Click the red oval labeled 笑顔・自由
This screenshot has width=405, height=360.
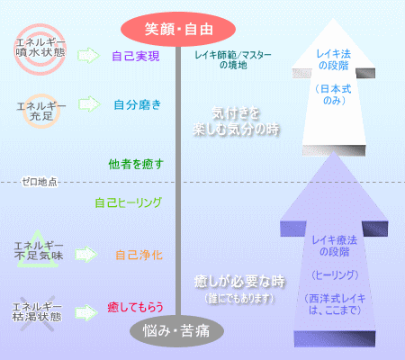pos(178,30)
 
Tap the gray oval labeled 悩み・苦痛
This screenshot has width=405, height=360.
pos(176,331)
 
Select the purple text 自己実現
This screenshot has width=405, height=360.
pos(136,56)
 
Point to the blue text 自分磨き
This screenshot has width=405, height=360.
pos(138,104)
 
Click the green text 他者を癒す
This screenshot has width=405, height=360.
pos(136,164)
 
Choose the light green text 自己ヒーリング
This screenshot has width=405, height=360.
pos(129,202)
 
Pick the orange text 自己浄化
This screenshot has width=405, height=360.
pos(139,256)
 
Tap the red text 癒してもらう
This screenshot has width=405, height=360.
pos(135,307)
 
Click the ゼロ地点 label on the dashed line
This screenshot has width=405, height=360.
pos(40,182)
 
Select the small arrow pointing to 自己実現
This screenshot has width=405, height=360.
pos(88,55)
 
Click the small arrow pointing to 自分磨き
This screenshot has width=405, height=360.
pos(89,104)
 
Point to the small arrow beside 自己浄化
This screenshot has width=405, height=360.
pos(86,255)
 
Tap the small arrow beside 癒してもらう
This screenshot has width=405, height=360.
pos(86,312)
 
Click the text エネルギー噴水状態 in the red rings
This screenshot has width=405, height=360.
pos(40,48)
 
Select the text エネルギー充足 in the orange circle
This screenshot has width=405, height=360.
pos(41,111)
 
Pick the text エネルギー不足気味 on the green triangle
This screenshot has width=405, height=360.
pos(39,251)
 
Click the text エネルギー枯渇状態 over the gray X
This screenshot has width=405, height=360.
pos(37,312)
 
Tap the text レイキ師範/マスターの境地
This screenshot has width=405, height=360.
pos(233,60)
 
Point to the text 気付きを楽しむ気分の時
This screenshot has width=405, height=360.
pos(236,121)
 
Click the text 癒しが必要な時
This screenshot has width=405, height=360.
pos(239,282)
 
